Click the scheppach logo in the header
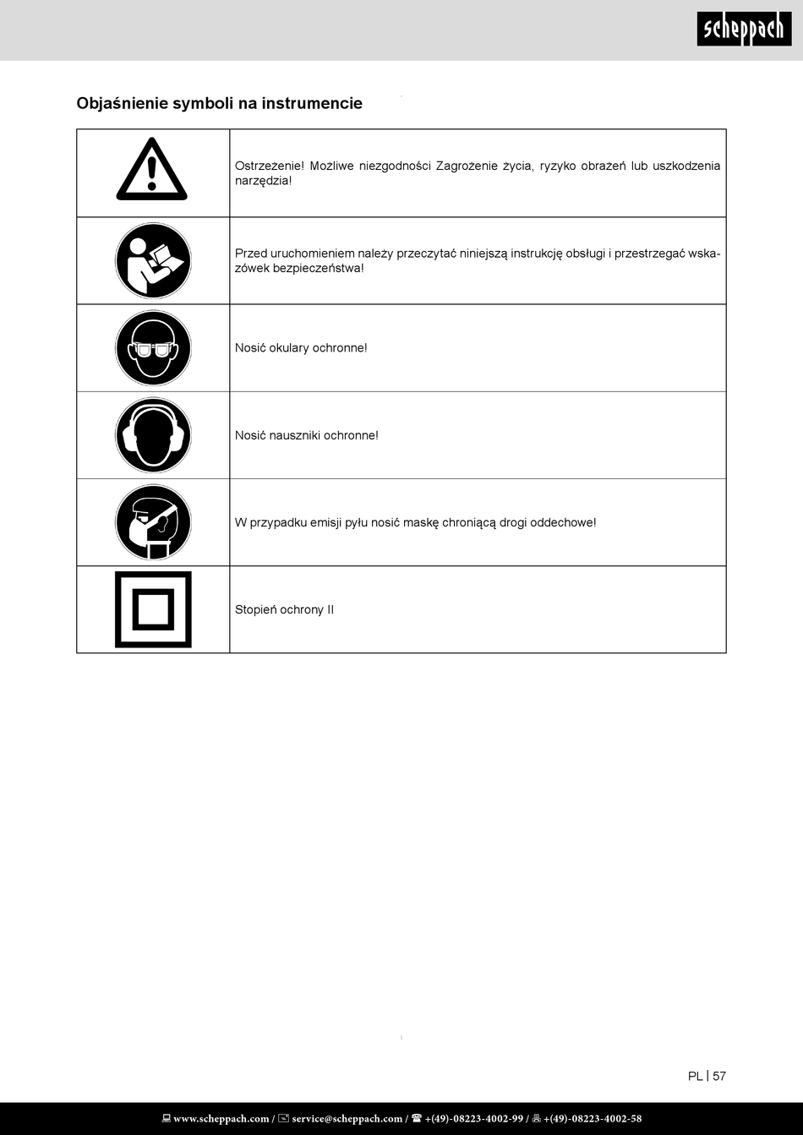(x=744, y=29)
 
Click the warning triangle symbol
(x=152, y=170)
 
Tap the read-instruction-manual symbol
(x=153, y=260)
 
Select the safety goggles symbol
(x=153, y=347)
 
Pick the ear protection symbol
(x=153, y=435)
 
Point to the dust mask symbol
(x=153, y=522)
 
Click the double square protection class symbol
(x=153, y=609)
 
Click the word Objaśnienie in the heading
(x=122, y=103)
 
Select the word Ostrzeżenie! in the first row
(x=269, y=166)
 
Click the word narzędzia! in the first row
(x=263, y=181)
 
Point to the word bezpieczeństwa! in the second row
(x=319, y=268)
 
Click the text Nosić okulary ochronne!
(x=301, y=347)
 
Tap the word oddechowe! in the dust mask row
(x=563, y=522)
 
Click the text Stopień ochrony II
(x=284, y=609)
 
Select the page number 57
(x=719, y=1076)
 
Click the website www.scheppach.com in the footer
(x=221, y=1119)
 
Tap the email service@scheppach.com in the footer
(x=347, y=1119)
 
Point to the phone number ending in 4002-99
(x=473, y=1119)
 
